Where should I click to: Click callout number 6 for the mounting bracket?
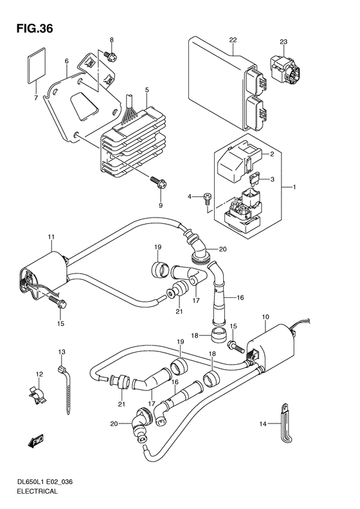(66, 62)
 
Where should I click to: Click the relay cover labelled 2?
(241, 158)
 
